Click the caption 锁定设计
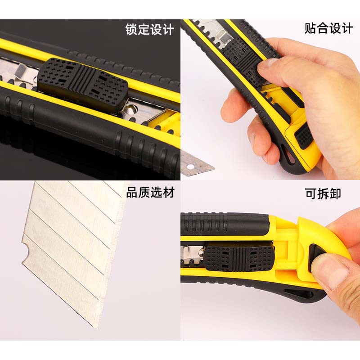click(x=150, y=30)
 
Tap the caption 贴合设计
click(x=329, y=28)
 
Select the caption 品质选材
click(x=150, y=193)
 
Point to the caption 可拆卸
click(x=323, y=193)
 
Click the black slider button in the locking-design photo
click(x=83, y=85)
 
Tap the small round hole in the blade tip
click(x=190, y=167)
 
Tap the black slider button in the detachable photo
click(x=239, y=258)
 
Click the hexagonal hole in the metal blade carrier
click(x=130, y=109)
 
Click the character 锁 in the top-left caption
click(x=131, y=30)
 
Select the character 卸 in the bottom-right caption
click(x=335, y=193)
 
